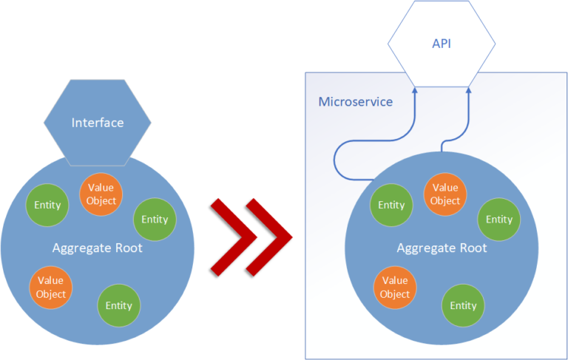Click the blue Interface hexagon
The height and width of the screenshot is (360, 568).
pos(98,122)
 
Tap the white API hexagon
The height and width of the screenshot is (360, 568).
pos(441,44)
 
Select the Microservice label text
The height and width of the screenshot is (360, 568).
pos(355,101)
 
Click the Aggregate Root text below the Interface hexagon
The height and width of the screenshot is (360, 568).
pos(98,248)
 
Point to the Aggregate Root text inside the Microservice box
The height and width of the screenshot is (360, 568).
pos(442,248)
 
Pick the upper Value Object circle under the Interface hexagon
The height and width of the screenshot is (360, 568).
pos(101,194)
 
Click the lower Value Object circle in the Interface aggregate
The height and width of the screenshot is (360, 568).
pos(51,288)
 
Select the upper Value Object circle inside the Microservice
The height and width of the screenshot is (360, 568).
pos(445,194)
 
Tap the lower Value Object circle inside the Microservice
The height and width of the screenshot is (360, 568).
pos(395,288)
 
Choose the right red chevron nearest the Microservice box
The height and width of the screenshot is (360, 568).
pos(271,236)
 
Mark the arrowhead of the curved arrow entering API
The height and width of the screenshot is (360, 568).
pos(416,90)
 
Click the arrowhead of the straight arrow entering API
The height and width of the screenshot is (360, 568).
pos(469,90)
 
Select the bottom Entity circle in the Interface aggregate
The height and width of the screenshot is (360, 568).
pos(118,305)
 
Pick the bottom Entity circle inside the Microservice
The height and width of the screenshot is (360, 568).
pos(463,305)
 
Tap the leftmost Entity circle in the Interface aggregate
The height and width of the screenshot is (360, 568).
pos(47,205)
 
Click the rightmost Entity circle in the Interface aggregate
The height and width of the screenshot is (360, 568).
pos(155,219)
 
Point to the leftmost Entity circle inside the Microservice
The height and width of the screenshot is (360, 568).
pos(391,205)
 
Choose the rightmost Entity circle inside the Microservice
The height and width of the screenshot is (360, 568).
pos(498,219)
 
